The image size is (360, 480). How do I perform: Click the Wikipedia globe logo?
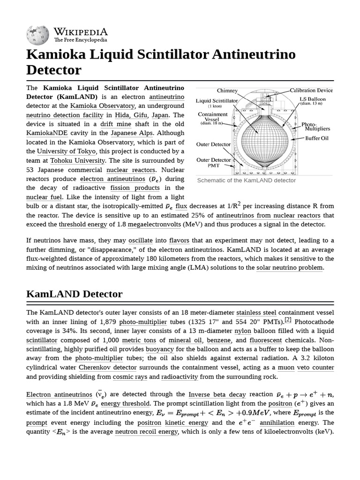38,34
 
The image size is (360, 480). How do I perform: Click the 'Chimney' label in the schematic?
227,90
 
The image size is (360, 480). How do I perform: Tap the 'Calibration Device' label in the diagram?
311,90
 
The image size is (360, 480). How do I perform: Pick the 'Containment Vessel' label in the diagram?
213,117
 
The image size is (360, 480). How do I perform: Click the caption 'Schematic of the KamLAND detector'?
247,180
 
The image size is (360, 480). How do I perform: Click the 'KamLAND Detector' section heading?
75,294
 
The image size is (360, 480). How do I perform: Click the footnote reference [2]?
288,320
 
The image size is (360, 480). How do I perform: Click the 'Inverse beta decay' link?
217,394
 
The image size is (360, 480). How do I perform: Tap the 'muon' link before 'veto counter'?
286,367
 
